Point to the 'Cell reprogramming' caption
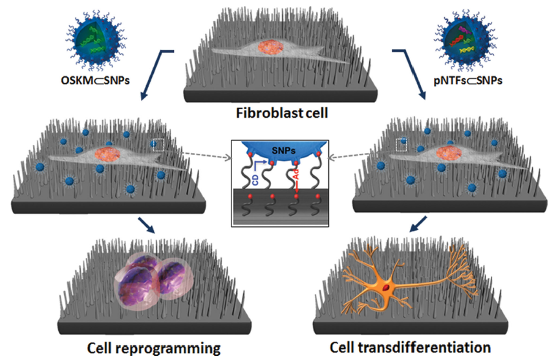[x=154, y=347]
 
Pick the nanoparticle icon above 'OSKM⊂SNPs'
[x=96, y=39]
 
